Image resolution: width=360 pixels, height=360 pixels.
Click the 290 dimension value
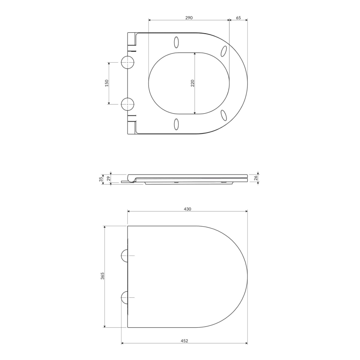coord(189,18)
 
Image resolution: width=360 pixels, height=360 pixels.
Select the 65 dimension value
coord(238,18)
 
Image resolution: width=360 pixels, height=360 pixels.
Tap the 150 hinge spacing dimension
coord(107,83)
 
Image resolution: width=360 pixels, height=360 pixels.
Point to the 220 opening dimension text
coord(192,83)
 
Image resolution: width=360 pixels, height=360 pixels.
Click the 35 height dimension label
coord(101,179)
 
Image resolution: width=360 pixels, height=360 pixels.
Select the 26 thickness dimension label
coord(256,178)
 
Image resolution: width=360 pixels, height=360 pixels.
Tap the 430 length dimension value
coord(187,209)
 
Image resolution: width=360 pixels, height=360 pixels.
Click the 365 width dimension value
coord(102,276)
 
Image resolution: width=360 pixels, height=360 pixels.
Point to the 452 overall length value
coord(185,341)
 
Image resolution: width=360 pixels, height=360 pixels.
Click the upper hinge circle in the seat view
coord(128,63)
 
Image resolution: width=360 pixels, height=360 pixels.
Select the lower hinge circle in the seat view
coord(128,104)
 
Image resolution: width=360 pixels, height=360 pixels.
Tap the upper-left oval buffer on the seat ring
coord(176,42)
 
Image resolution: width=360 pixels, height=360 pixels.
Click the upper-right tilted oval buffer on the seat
coord(224,51)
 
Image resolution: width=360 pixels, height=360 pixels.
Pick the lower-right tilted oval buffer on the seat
coord(224,115)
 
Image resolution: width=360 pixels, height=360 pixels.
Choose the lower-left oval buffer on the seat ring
coord(176,124)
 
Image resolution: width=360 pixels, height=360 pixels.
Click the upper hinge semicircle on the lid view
coord(124,256)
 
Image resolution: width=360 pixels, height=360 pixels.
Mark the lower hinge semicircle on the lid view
coord(124,297)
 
